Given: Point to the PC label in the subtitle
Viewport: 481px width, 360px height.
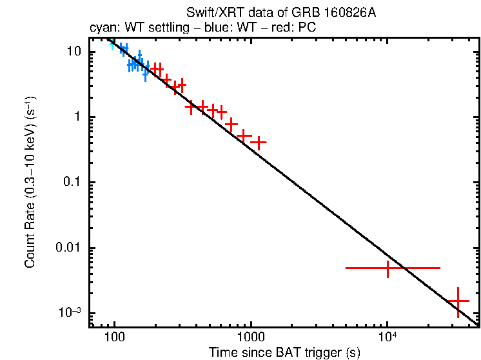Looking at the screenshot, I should tap(306, 28).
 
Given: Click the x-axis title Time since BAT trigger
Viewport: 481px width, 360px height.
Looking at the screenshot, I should tap(284, 353).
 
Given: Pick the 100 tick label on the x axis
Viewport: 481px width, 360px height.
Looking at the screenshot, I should tap(114, 337).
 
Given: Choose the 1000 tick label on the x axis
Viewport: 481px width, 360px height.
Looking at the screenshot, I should tap(250, 337).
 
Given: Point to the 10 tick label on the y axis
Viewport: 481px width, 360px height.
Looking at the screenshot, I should tap(74, 52).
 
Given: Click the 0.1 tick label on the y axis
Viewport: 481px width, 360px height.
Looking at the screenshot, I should tap(71, 183).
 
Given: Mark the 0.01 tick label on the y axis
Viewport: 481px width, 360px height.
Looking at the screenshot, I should tap(68, 248).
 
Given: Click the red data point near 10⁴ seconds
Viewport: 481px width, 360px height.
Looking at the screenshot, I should tap(388, 267).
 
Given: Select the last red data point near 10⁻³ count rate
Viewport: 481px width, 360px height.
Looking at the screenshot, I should tap(458, 301).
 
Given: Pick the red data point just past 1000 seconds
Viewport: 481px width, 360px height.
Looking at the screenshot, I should tap(259, 142).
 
